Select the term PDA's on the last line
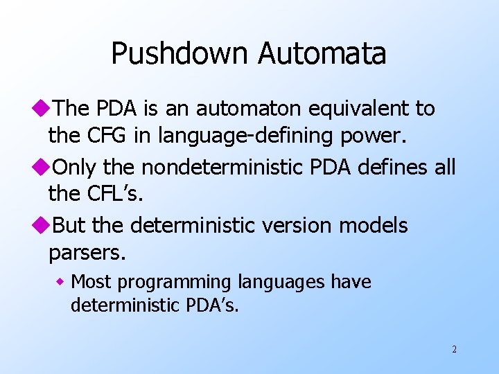pyautogui.click(x=215, y=305)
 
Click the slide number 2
pyautogui.click(x=454, y=349)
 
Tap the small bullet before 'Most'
pyautogui.click(x=60, y=283)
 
